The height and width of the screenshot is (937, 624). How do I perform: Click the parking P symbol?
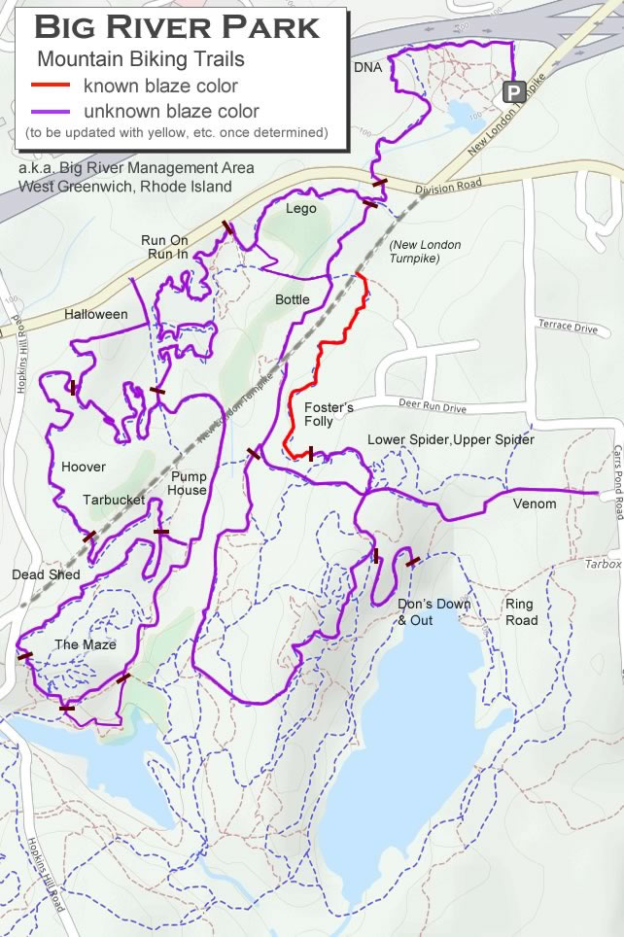(x=513, y=92)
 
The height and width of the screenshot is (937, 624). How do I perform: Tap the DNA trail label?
(x=368, y=67)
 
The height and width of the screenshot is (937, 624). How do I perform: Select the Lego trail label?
(x=301, y=208)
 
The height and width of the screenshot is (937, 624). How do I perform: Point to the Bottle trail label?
(x=292, y=299)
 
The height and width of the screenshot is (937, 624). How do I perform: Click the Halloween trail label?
(x=96, y=314)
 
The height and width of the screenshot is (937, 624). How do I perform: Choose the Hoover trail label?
(x=84, y=467)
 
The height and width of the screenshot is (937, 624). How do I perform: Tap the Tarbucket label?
(x=114, y=500)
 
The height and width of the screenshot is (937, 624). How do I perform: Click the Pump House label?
(x=189, y=483)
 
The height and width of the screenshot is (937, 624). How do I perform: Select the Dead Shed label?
(x=46, y=574)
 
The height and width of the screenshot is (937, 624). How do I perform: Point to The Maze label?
(x=86, y=644)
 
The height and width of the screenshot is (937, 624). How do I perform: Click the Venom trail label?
(x=535, y=503)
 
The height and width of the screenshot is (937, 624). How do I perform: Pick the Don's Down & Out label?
(x=433, y=611)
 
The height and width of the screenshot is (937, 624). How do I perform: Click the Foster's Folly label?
(x=329, y=414)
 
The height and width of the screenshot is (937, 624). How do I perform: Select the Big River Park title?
(x=177, y=27)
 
